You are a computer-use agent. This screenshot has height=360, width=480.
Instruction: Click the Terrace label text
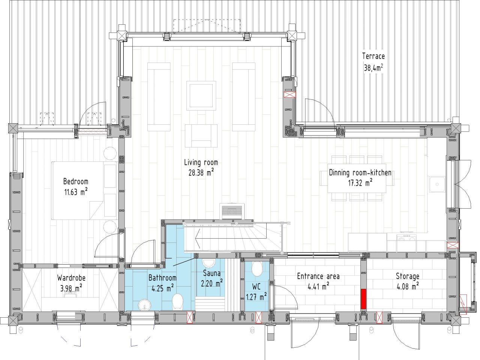tap(373, 56)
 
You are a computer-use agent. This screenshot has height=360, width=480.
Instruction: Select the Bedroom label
tap(76, 181)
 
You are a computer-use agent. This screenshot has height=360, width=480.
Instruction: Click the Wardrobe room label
tap(71, 278)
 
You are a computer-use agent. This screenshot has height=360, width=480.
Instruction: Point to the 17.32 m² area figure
tap(360, 183)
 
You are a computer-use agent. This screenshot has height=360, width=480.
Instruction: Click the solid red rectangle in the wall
tap(363, 299)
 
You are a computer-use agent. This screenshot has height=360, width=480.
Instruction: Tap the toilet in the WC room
tap(257, 269)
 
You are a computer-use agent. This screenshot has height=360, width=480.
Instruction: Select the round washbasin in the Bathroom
tap(145, 305)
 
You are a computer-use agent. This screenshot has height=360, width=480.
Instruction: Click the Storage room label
tap(408, 276)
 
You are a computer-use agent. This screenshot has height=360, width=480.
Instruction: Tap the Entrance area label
tap(318, 276)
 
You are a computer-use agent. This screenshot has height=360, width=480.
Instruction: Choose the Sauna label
tap(211, 273)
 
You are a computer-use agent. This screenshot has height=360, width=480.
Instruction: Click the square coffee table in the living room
tap(201, 96)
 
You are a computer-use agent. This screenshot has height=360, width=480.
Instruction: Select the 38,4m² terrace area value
tap(373, 67)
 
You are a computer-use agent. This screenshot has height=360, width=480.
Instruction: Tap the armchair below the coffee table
tap(201, 136)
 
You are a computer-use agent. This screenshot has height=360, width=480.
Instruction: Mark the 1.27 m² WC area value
tap(256, 297)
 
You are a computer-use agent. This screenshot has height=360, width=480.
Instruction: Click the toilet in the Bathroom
tap(177, 302)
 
